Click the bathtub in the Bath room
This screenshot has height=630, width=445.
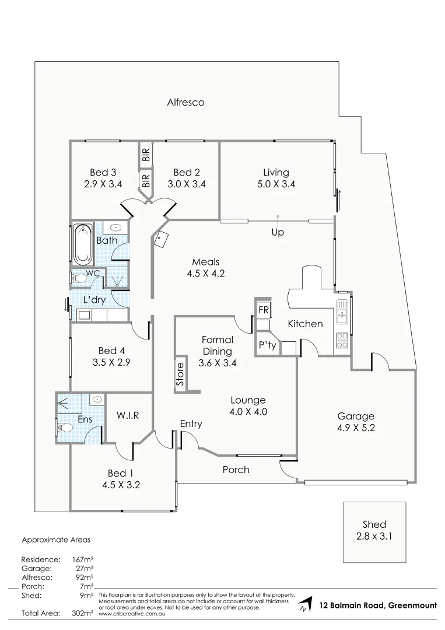(82, 244)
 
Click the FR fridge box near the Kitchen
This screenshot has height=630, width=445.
(264, 310)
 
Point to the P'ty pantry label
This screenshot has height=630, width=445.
(267, 345)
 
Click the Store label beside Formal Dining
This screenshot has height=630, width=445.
(180, 374)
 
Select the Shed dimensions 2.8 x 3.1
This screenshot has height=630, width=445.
(374, 535)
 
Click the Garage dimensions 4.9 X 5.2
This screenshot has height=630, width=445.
(356, 428)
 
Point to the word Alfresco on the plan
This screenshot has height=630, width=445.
(185, 102)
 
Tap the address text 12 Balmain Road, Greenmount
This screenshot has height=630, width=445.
(378, 605)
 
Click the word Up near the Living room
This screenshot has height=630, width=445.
(278, 232)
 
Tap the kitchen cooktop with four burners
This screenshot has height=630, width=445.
(342, 339)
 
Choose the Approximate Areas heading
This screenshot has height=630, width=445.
(56, 540)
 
